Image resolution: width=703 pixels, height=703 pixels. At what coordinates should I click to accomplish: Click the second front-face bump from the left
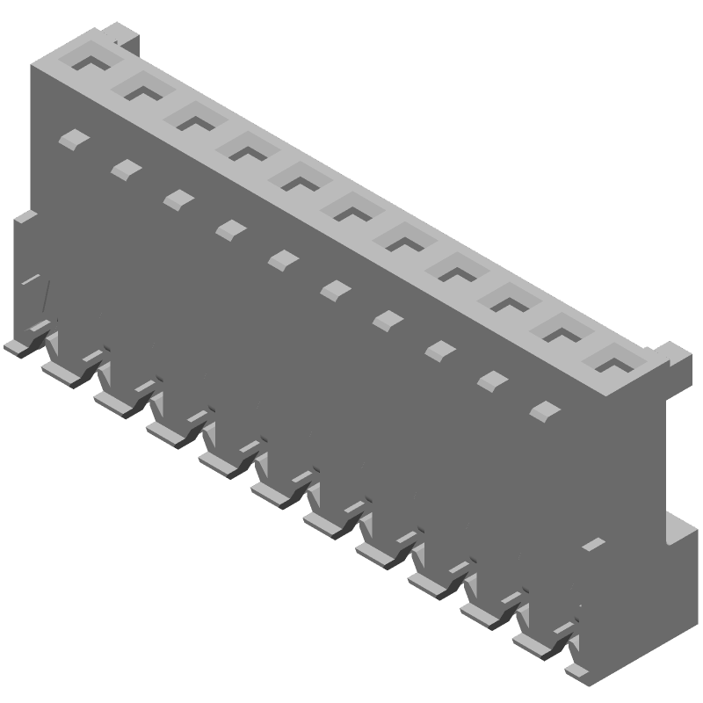coord(126,167)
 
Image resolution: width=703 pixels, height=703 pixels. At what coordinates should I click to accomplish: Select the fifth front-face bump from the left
coord(283,258)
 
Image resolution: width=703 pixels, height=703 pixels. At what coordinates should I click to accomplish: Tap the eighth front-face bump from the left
coord(438,351)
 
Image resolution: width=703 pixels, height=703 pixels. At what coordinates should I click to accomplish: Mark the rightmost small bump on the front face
coord(545,409)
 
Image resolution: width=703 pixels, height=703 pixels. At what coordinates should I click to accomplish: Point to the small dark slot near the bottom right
coord(594,543)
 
